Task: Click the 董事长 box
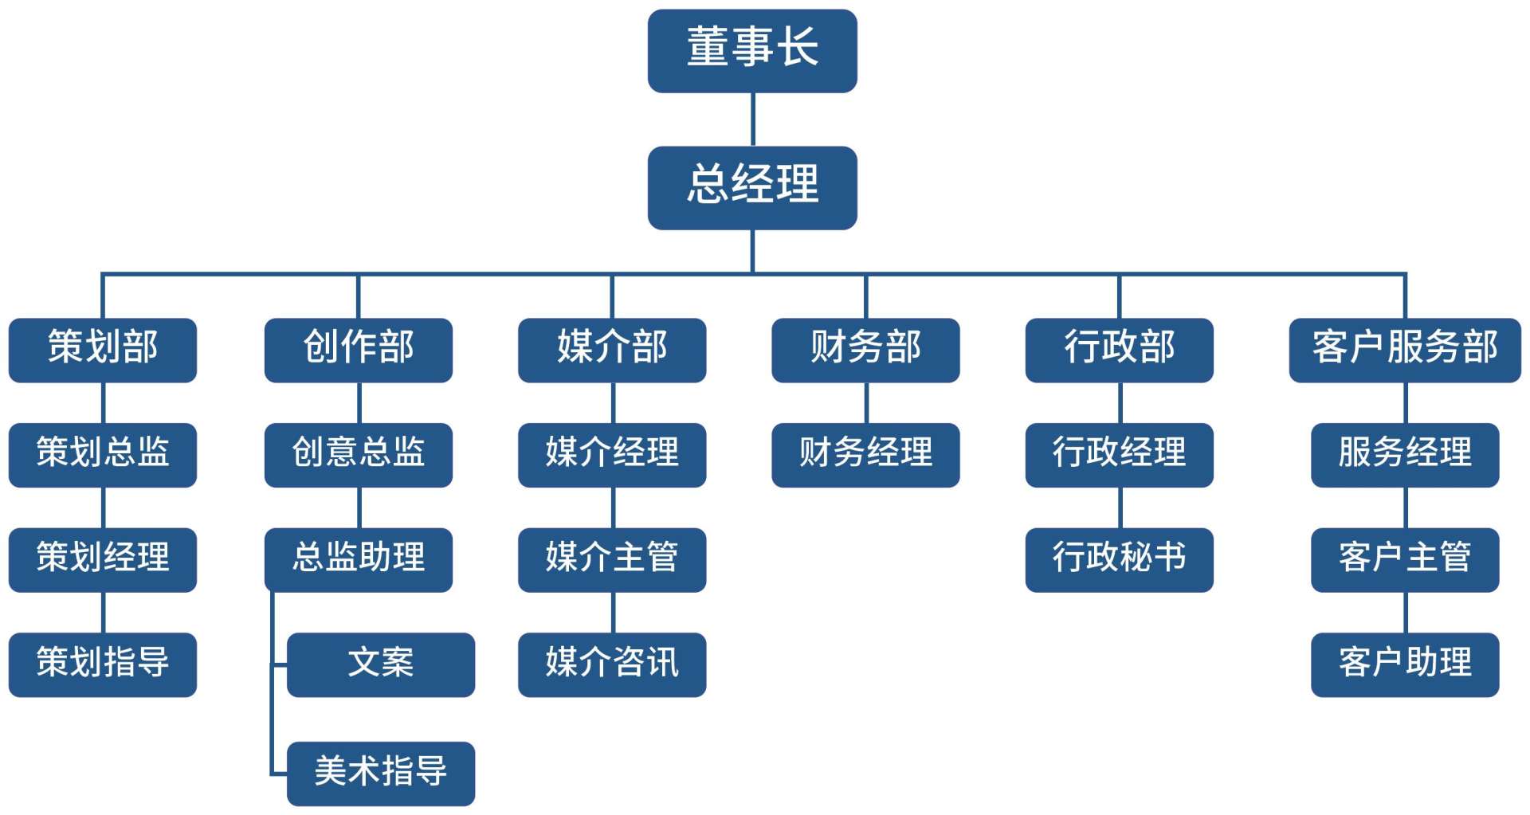coord(752,50)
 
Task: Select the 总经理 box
coord(752,187)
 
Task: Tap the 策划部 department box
coord(103,350)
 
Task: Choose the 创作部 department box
coord(358,350)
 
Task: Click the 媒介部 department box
coord(612,350)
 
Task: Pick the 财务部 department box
coord(865,350)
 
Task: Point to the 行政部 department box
coord(1119,350)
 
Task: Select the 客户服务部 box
coord(1405,350)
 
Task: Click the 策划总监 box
coord(103,455)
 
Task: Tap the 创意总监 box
coord(358,455)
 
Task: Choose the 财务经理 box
coord(865,455)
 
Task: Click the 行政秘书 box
coord(1119,559)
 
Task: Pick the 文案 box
coord(381,664)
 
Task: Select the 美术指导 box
coord(381,774)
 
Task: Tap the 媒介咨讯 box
coord(612,664)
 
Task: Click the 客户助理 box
coord(1405,664)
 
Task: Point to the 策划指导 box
coord(103,664)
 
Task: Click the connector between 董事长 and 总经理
coord(753,120)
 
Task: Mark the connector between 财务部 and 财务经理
coord(866,402)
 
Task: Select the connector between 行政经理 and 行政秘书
coord(1120,507)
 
